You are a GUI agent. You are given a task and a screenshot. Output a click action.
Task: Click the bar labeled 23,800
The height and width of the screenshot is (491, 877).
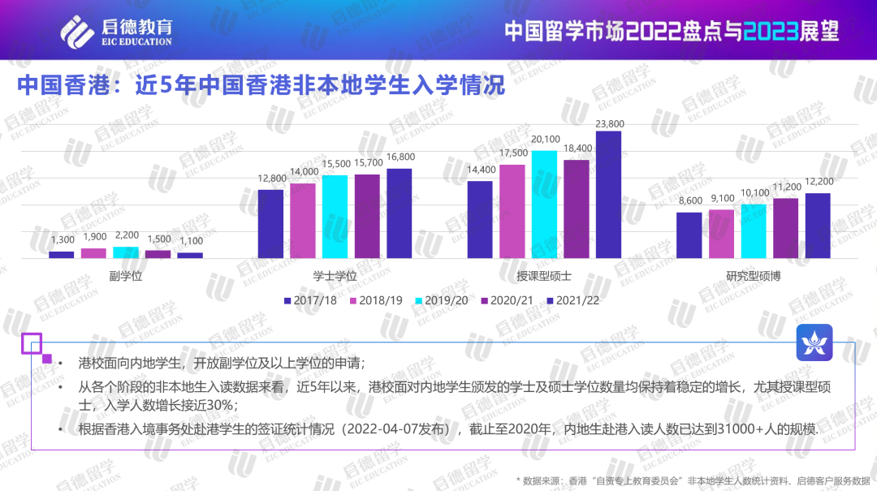[608, 195]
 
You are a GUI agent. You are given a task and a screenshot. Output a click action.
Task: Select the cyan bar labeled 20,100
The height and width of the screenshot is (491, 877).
[544, 205]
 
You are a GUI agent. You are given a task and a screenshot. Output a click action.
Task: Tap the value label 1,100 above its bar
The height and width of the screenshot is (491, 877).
[190, 241]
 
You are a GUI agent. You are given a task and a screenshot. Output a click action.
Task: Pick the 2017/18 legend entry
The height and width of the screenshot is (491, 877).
[310, 300]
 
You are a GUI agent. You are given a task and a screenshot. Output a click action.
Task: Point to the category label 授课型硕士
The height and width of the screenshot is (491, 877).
[543, 276]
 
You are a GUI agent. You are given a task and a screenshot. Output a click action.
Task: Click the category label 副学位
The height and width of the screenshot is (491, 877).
[126, 276]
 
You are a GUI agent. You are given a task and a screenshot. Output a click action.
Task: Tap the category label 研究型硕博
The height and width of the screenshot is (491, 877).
[753, 276]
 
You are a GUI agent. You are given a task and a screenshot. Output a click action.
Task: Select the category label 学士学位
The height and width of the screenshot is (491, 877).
[335, 276]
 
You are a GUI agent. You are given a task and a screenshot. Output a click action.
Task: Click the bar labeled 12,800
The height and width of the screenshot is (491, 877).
[270, 224]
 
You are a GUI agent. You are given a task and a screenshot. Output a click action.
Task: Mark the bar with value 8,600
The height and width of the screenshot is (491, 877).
[689, 235]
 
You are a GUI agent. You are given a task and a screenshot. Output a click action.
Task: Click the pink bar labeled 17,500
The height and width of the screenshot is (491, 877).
[512, 211]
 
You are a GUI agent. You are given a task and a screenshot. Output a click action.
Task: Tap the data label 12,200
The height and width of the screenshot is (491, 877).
[818, 181]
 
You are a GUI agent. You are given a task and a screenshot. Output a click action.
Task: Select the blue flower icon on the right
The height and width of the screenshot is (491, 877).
[813, 344]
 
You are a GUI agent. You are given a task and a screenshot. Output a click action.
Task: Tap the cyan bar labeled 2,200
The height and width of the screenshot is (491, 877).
[126, 252]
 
